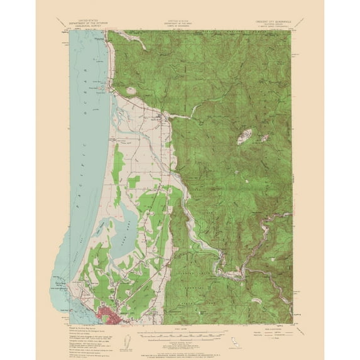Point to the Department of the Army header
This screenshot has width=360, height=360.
(180, 24)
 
